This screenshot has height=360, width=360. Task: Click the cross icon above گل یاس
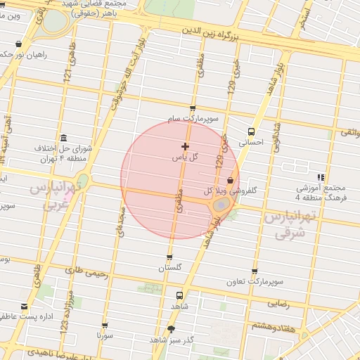[x=185, y=147]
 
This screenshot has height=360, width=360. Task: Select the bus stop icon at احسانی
[x=251, y=131]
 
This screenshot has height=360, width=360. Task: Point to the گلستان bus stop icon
[x=169, y=257]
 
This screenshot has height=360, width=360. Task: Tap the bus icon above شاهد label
[x=179, y=296]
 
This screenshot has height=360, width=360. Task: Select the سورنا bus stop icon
[x=105, y=326]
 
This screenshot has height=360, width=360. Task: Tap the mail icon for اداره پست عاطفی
[x=25, y=306]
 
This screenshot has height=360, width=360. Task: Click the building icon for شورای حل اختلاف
[x=64, y=137]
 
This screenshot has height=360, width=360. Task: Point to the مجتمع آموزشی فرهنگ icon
[x=321, y=177]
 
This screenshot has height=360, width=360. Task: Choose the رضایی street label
[x=278, y=304]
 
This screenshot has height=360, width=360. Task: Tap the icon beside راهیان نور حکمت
[x=18, y=44]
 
